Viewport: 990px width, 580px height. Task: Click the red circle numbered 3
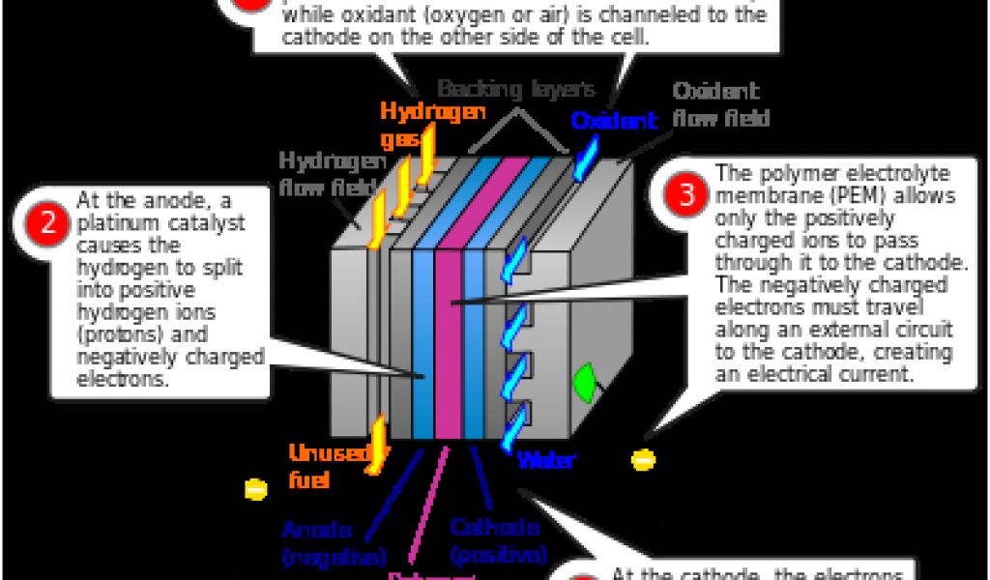[685, 195]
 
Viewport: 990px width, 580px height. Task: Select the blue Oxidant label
[614, 122]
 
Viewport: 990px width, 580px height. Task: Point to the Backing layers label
[517, 90]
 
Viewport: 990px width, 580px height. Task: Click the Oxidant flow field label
[720, 105]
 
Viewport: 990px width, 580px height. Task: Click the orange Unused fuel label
[325, 465]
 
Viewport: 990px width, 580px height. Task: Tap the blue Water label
[546, 460]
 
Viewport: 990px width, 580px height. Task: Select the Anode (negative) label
[334, 543]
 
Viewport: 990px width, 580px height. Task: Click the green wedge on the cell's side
[586, 382]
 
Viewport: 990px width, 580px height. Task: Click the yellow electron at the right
[643, 460]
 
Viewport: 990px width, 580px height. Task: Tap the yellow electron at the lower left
[255, 489]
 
